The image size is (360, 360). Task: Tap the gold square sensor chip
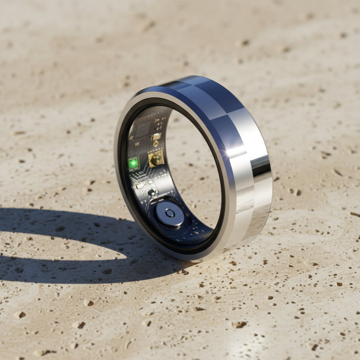[x=156, y=158]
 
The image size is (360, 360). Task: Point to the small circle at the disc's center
[x=170, y=213]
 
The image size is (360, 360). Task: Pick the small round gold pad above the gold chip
[x=156, y=143]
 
